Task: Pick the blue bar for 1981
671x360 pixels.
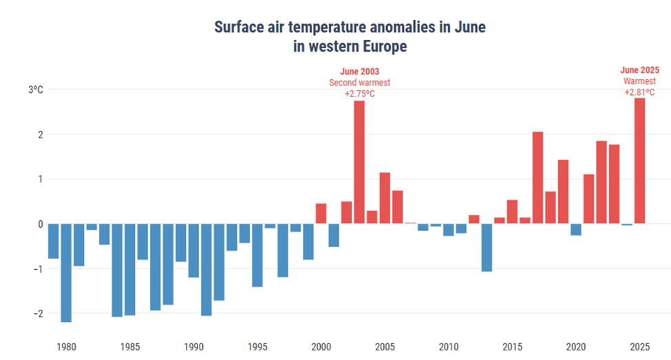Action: (66, 273)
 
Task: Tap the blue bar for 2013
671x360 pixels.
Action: (487, 247)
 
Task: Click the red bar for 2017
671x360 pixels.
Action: (537, 177)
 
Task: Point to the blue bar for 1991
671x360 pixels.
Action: (206, 269)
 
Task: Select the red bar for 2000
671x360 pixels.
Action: (321, 213)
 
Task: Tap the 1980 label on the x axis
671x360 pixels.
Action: (66, 346)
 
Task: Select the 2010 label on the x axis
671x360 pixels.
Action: (449, 346)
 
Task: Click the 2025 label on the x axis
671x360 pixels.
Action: (639, 346)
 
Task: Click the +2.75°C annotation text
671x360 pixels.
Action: (359, 93)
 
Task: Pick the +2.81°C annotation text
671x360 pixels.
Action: (639, 92)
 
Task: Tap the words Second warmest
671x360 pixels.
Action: (359, 83)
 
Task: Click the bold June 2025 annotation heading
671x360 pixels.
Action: (639, 70)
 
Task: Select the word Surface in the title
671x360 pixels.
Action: (242, 28)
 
